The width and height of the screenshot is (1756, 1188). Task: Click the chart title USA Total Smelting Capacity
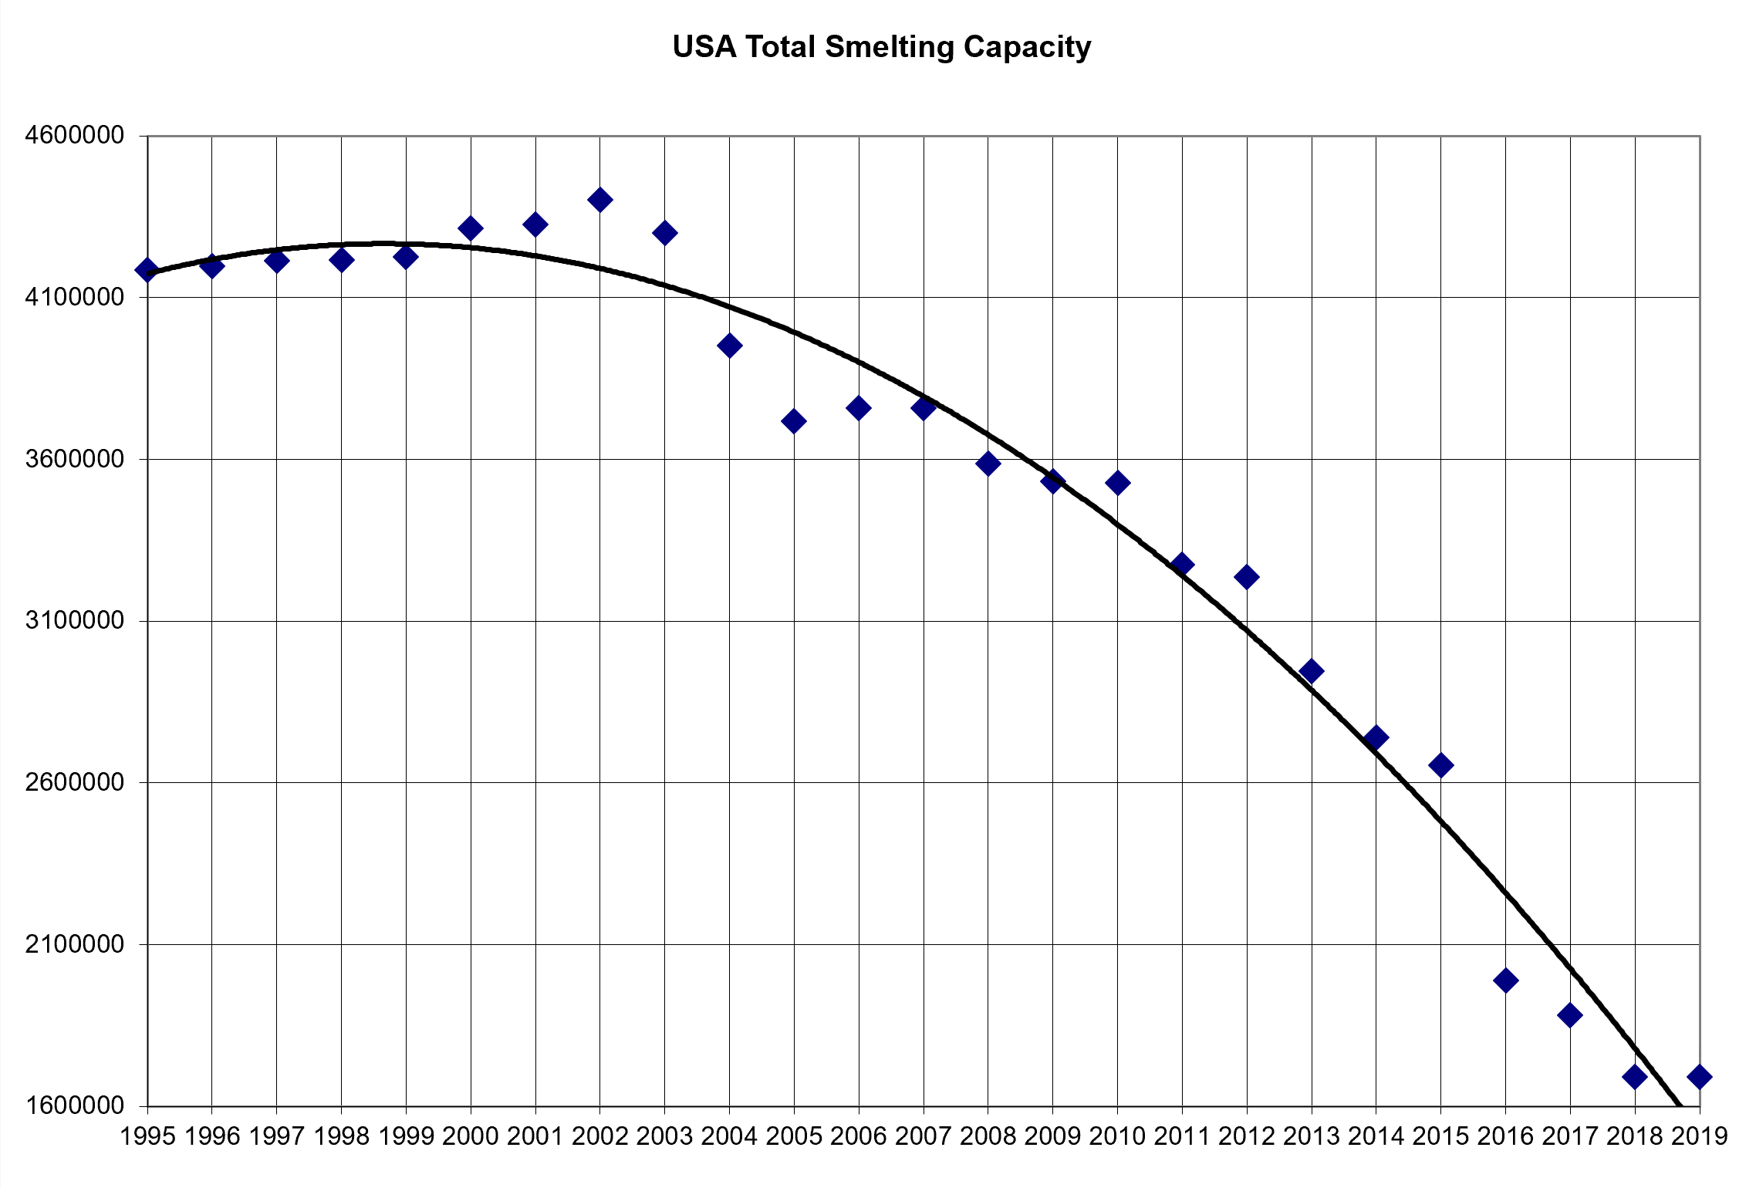pos(881,47)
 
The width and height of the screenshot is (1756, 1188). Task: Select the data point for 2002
pos(599,200)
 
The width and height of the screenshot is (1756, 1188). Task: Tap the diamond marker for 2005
pos(793,421)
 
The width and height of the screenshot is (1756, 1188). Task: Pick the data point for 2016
pos(1505,980)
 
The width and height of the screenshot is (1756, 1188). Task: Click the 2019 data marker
pos(1699,1076)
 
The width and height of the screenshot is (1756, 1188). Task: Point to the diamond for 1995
pos(147,270)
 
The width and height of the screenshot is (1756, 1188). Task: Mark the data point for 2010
pos(1117,483)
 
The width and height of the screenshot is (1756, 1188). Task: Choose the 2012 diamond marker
pos(1246,576)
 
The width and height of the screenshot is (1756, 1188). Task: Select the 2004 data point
pos(729,346)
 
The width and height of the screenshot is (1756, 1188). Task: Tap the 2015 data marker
pos(1440,765)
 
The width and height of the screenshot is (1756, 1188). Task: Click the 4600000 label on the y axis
pos(74,136)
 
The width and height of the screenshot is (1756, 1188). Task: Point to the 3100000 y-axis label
pos(74,620)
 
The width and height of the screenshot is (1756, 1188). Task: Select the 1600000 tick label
pos(74,1105)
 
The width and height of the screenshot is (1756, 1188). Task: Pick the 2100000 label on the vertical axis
pos(74,943)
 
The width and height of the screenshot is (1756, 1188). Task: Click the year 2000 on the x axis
pos(471,1136)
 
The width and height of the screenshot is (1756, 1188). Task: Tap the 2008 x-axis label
pos(988,1136)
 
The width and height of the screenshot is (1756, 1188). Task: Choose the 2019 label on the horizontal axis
pos(1699,1136)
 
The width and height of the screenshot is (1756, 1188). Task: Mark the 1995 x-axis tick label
pos(147,1136)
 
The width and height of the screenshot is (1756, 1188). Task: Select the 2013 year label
pos(1312,1136)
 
